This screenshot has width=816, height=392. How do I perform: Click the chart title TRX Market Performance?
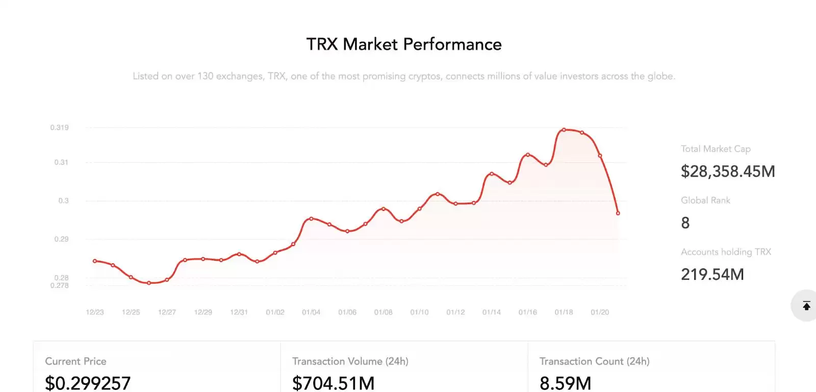tap(404, 44)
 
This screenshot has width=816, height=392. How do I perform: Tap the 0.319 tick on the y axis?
tap(59, 128)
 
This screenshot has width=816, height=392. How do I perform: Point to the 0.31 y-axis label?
tap(61, 162)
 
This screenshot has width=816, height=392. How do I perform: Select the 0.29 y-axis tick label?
tap(61, 239)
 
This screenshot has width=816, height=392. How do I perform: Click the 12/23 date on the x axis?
tap(95, 312)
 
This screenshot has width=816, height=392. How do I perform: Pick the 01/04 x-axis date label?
tap(311, 312)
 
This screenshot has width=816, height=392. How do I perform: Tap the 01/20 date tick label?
tap(600, 312)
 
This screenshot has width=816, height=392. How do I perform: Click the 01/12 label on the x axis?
tap(455, 312)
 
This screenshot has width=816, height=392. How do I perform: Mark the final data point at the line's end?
tap(618, 213)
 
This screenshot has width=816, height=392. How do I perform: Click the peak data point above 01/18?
tap(564, 130)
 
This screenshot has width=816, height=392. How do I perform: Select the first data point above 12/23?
tap(95, 261)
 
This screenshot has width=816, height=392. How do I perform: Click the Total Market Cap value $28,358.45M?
tap(728, 171)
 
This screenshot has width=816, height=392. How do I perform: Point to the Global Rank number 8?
tap(685, 223)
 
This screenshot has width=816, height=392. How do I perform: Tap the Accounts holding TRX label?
tap(726, 252)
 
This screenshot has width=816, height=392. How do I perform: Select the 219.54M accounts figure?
tap(712, 275)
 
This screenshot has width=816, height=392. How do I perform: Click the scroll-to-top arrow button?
tap(806, 306)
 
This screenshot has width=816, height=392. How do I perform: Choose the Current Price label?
tap(75, 361)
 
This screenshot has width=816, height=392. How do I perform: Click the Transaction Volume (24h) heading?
tap(350, 361)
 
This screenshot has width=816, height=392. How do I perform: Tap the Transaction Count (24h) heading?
tap(595, 361)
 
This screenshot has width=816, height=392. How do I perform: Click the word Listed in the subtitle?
tap(145, 76)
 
